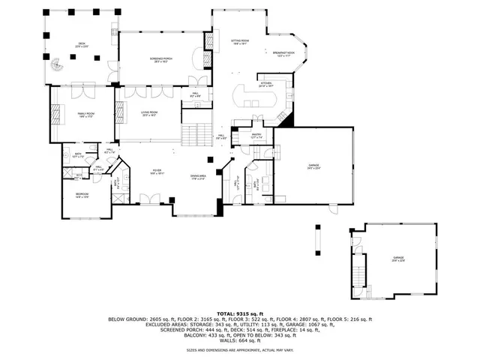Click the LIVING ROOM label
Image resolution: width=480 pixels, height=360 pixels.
coord(148,114)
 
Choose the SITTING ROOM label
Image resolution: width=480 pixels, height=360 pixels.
coord(240,43)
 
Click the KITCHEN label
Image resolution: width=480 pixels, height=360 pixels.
coord(266,85)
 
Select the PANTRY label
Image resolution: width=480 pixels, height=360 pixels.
coord(256,136)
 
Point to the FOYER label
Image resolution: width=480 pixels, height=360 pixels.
coord(157,172)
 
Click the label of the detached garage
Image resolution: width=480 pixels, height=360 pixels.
coord(397,260)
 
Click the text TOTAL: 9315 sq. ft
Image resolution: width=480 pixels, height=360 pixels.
coord(240,313)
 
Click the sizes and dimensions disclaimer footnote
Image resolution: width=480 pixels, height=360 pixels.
coord(240,349)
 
